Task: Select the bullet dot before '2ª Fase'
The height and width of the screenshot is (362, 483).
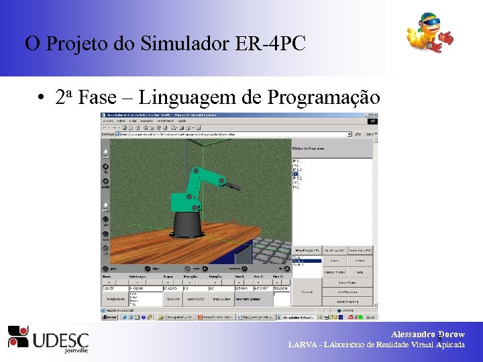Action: pyautogui.click(x=42, y=99)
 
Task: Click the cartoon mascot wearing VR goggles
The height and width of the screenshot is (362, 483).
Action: pyautogui.click(x=428, y=34)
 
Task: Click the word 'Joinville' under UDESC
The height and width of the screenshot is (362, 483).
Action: pyautogui.click(x=74, y=350)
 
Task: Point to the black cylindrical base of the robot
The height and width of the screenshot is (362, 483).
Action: pyautogui.click(x=188, y=224)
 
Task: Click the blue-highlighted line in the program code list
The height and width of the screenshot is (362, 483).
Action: pyautogui.click(x=297, y=173)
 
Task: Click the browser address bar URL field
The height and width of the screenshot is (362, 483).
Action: pyautogui.click(x=228, y=134)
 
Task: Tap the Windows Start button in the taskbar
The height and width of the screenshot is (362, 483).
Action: pyautogui.click(x=108, y=316)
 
